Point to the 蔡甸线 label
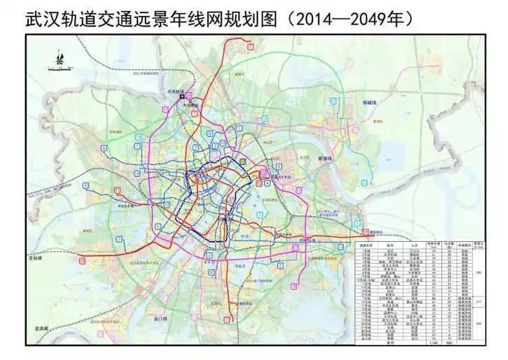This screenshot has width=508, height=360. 34,256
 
